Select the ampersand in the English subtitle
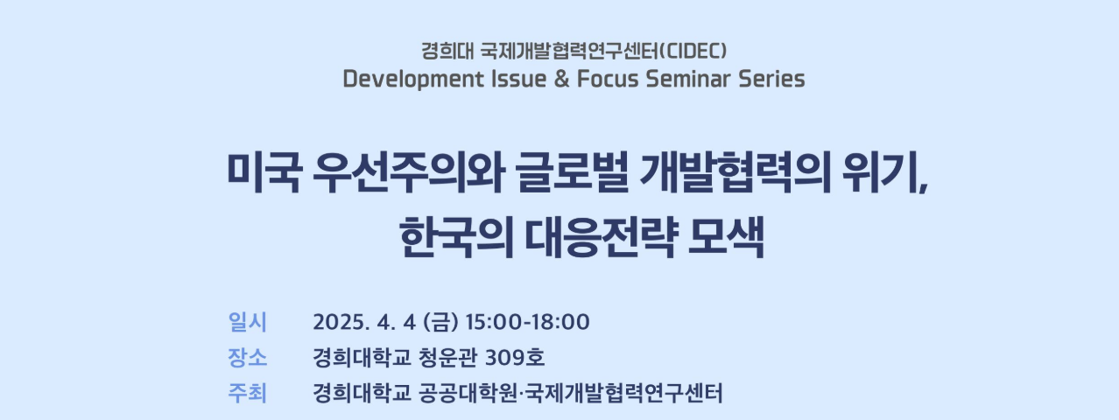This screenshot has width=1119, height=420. pyautogui.click(x=561, y=79)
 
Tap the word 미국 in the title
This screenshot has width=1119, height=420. pyautogui.click(x=263, y=172)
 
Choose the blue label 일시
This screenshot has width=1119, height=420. pyautogui.click(x=247, y=322)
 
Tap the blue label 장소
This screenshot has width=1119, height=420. pyautogui.click(x=247, y=358)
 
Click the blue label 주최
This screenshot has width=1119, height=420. pyautogui.click(x=247, y=393)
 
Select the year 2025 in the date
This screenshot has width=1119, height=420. pyautogui.click(x=337, y=322)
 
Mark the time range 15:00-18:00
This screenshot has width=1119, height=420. pyautogui.click(x=528, y=322)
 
